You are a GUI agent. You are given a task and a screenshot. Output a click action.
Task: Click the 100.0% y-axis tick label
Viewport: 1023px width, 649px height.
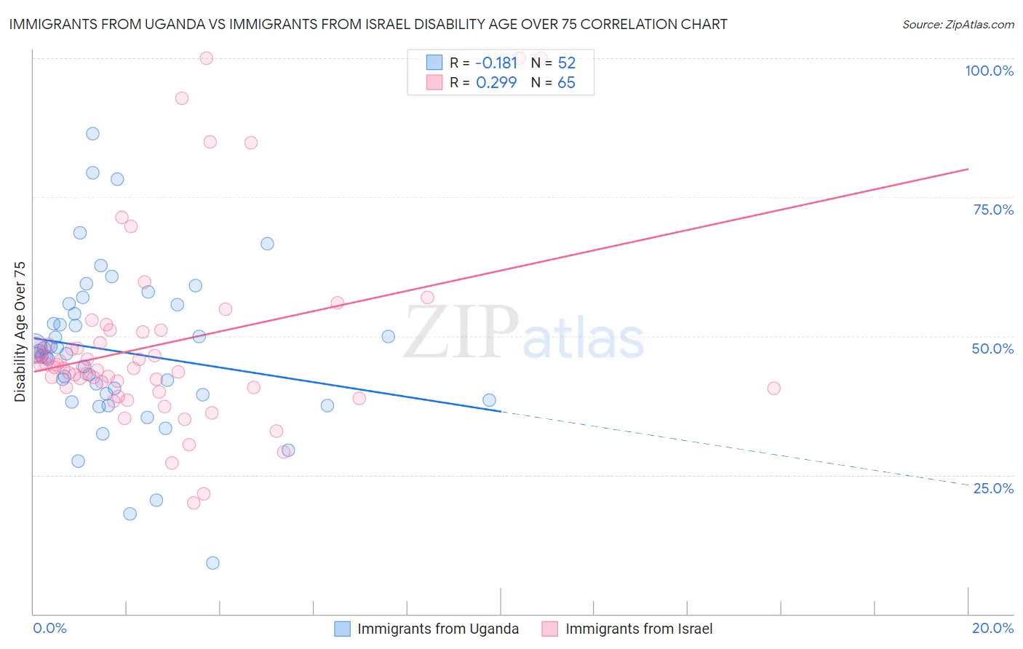point(989,71)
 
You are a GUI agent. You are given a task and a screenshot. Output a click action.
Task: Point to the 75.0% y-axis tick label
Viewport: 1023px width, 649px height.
point(993,210)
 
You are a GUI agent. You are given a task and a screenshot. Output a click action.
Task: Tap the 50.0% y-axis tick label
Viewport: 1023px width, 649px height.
point(992,349)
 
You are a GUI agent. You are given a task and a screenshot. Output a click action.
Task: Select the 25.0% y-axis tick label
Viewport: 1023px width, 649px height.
point(993,487)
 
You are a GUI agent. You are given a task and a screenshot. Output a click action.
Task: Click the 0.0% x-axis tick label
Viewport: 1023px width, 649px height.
point(49,628)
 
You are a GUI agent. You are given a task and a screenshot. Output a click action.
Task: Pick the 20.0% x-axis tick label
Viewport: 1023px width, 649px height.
point(992,628)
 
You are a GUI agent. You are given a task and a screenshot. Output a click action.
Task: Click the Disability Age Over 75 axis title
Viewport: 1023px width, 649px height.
point(20,331)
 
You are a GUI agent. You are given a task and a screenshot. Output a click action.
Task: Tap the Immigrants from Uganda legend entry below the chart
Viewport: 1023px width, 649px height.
point(437,629)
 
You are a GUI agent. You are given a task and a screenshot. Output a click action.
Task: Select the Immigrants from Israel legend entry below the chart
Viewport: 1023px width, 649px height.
point(638,629)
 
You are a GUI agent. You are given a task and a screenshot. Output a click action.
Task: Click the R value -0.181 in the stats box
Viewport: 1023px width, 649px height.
point(496,63)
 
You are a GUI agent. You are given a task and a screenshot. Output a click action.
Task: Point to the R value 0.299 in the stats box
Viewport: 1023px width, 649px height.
point(496,83)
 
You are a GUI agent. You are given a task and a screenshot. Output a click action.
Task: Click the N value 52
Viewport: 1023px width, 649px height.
point(566,63)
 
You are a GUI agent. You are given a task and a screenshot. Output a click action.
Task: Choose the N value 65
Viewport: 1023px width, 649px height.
point(566,83)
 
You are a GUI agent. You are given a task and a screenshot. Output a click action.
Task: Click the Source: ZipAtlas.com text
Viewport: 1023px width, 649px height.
point(958,25)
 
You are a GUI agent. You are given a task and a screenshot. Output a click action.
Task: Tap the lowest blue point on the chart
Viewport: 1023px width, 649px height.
point(212,562)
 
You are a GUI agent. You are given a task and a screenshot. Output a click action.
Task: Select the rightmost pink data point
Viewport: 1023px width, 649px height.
point(773,389)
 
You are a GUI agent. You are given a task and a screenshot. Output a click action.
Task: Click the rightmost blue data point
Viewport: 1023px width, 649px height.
point(489,400)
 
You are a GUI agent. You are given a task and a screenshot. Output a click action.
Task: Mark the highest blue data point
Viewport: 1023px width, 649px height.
point(92,133)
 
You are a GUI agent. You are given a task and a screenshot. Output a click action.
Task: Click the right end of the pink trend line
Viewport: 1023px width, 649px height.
point(968,169)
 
